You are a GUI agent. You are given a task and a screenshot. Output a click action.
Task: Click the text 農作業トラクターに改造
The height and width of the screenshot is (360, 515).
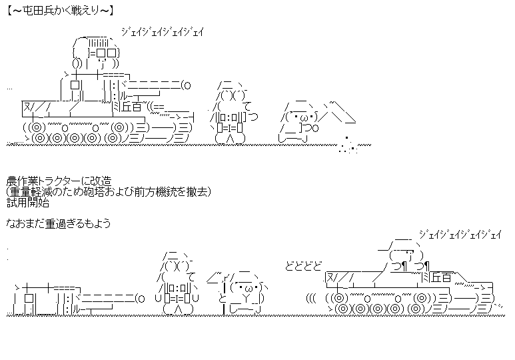(59, 181)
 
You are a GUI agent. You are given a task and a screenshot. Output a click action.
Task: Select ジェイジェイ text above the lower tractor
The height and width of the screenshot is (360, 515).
(460, 234)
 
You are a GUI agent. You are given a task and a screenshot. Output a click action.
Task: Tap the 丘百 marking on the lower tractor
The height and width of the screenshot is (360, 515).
(440, 276)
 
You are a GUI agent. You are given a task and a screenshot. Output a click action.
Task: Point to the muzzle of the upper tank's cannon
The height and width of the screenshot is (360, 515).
(188, 85)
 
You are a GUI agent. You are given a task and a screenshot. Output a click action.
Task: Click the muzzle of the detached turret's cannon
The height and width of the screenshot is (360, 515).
(141, 297)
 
